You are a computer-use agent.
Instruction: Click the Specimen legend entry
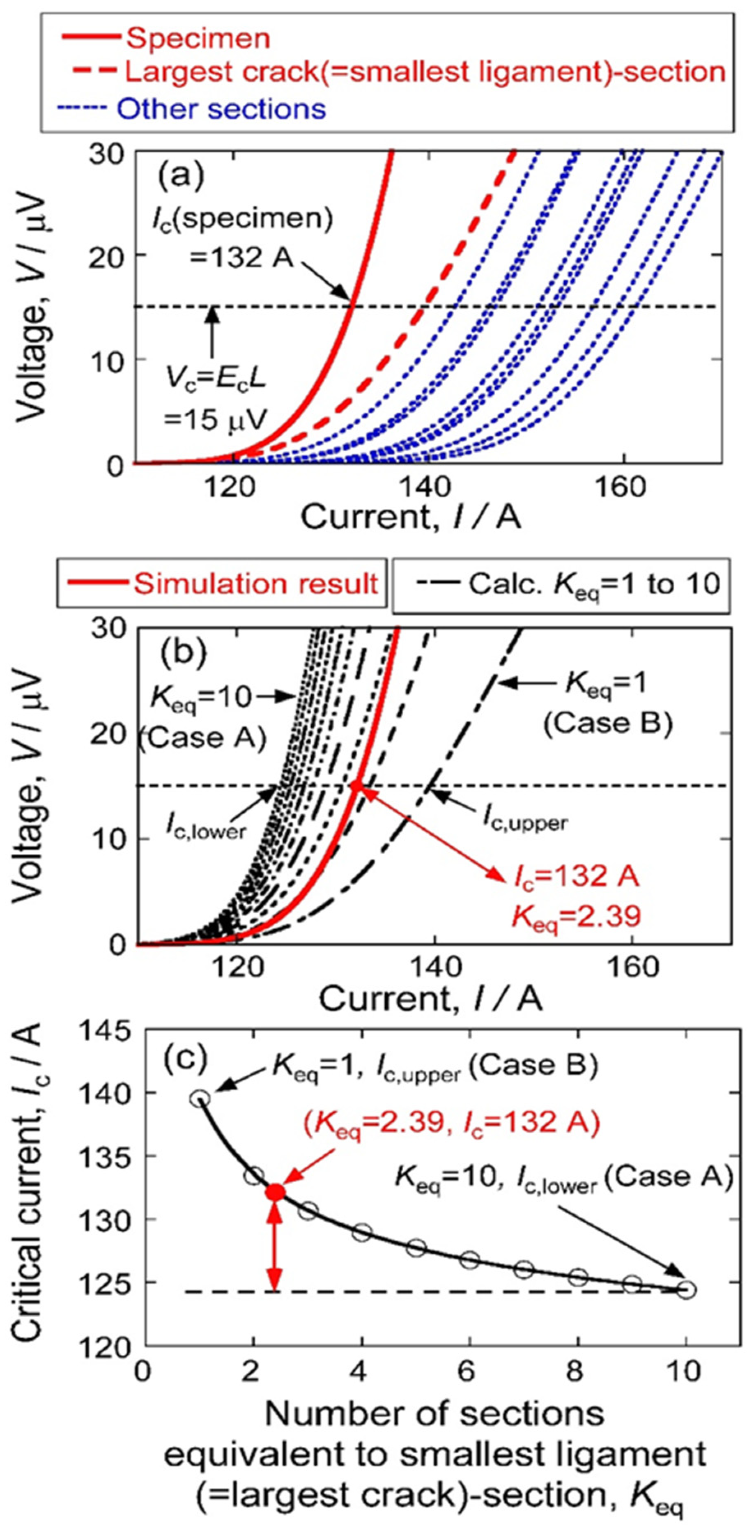pos(198,39)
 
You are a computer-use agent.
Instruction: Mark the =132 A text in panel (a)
pos(241,257)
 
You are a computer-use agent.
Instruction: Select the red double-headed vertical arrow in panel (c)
pos(274,1245)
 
